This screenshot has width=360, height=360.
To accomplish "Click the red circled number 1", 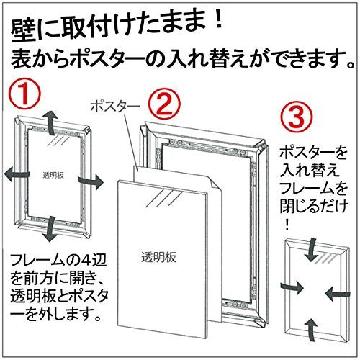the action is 24,96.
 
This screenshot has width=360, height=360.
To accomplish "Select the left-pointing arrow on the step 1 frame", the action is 17,174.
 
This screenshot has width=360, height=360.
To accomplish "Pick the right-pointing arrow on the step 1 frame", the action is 91,181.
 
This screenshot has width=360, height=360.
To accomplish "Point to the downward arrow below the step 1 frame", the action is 50,229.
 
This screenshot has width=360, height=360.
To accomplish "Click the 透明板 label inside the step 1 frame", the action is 53,176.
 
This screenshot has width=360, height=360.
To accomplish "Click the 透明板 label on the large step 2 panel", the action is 159,257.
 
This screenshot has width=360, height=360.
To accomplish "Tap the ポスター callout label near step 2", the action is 115,107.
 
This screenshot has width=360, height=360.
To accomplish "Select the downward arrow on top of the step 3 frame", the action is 312,250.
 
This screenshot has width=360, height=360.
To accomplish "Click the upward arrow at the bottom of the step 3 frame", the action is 312,329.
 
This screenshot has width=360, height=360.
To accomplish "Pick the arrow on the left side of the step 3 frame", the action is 292,287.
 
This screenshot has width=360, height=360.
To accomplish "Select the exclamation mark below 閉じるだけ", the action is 287,225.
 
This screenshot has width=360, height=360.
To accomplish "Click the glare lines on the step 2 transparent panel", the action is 161,199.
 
